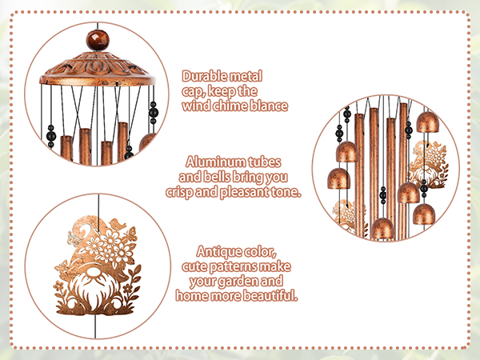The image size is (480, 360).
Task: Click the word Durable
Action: click(204, 77)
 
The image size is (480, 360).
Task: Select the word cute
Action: click(197, 266)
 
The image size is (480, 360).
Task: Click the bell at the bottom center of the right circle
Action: click(382, 228)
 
